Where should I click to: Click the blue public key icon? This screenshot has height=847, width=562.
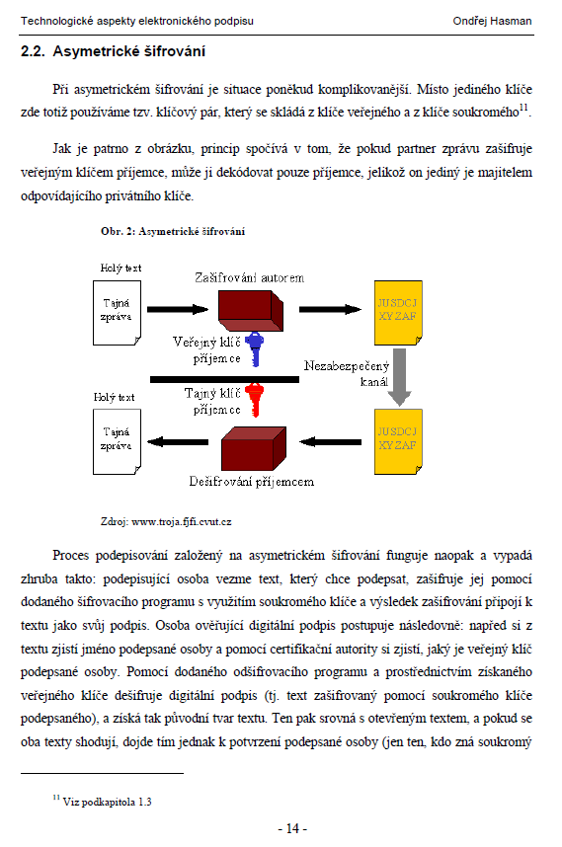tap(255, 348)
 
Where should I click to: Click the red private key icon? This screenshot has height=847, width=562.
tap(255, 400)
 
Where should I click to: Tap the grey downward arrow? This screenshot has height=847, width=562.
tap(399, 377)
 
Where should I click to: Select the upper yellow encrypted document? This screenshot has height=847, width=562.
tap(398, 313)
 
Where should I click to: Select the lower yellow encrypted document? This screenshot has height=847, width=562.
tap(398, 442)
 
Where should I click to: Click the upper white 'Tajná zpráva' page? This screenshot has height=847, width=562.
tap(117, 313)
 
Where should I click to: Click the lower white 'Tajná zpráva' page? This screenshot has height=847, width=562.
tap(117, 442)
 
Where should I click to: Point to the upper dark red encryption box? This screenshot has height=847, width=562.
tap(251, 311)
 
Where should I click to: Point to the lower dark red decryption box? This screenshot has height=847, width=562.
tap(254, 448)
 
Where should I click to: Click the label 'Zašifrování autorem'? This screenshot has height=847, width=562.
tap(250, 277)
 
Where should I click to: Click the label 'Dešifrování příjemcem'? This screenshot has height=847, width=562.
tap(252, 482)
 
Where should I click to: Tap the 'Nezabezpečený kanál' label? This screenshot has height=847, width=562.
tap(347, 374)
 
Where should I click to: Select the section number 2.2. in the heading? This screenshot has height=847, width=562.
tap(33, 51)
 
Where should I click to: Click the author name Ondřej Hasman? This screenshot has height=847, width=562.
tap(492, 21)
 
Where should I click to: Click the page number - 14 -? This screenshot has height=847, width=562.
tap(292, 828)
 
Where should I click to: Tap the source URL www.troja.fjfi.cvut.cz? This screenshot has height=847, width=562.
tap(182, 522)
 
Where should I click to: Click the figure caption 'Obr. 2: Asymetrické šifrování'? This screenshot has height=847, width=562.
tap(173, 231)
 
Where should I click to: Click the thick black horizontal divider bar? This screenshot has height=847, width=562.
tap(224, 380)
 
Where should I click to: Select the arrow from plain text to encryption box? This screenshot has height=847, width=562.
tap(178, 310)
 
